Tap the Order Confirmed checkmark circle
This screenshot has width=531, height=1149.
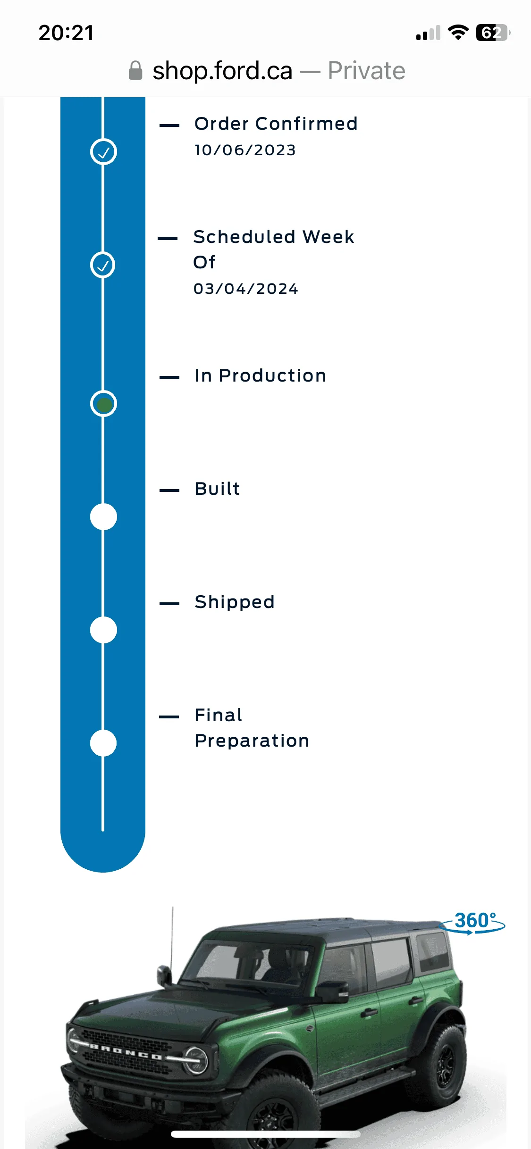tap(103, 152)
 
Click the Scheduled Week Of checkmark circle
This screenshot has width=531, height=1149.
tap(103, 265)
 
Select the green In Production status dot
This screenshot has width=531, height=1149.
tap(104, 404)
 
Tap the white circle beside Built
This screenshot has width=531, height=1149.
tap(103, 517)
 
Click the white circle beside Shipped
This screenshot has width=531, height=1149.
tap(103, 630)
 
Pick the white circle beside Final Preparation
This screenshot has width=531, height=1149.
tap(103, 743)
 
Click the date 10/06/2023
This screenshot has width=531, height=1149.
tap(245, 150)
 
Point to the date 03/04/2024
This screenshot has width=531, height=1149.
tap(245, 289)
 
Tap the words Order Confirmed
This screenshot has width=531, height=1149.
tap(276, 124)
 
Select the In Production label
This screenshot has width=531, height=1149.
tap(260, 375)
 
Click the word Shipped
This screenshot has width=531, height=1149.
tap(235, 602)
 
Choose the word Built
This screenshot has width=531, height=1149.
tap(218, 489)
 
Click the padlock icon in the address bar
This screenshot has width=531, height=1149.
tap(135, 71)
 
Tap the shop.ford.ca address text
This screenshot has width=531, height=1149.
tap(222, 71)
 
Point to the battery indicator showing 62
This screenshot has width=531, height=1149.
tap(493, 33)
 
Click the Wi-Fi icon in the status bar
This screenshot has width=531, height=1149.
tap(458, 33)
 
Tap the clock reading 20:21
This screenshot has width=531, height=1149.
tap(66, 33)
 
